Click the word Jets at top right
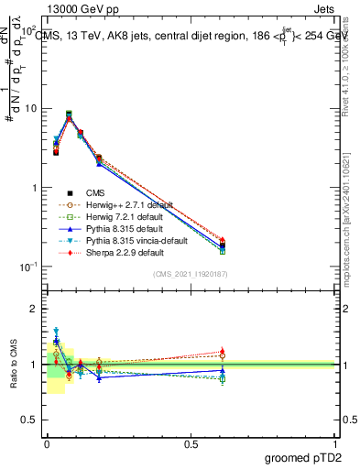pyautogui.click(x=324, y=10)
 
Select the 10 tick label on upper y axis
pyautogui.click(x=30, y=109)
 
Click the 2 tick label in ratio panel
pyautogui.click(x=37, y=309)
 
